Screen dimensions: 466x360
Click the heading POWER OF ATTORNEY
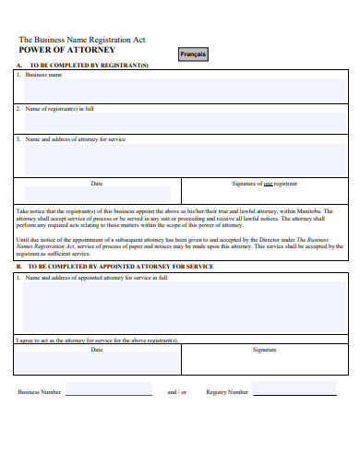point(66,50)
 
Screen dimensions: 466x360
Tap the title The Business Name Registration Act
point(82,40)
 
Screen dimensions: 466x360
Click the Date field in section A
point(97,194)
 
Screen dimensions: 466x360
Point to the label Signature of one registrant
point(264,184)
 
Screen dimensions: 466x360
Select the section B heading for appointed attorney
point(120,266)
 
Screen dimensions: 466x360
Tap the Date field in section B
point(97,361)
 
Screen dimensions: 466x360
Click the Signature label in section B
point(264,350)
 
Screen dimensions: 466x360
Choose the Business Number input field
point(109,390)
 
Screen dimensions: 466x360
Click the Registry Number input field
point(294,390)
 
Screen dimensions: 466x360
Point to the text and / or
point(176,392)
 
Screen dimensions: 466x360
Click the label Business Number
point(40,392)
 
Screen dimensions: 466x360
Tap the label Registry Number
point(227,392)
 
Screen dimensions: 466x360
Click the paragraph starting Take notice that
point(180,218)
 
